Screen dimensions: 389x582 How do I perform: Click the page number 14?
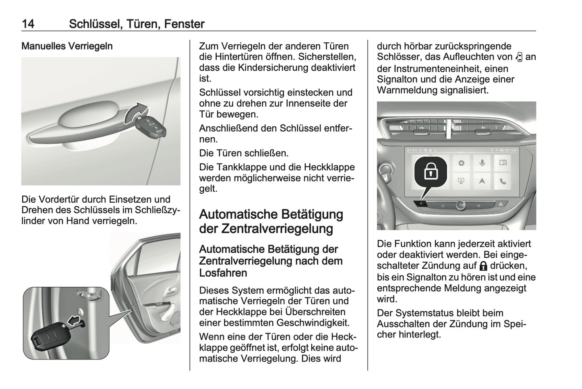(x=28, y=24)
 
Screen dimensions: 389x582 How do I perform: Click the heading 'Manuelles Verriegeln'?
(x=67, y=46)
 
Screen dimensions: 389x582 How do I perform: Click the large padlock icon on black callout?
(x=431, y=172)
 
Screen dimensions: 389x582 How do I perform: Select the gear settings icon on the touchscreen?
(x=461, y=163)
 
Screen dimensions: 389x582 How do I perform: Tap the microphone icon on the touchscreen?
(x=482, y=163)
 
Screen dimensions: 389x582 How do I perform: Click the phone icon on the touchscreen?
(x=503, y=181)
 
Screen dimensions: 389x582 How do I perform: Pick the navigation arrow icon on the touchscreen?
(x=482, y=181)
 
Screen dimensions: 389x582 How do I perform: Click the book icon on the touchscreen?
(x=503, y=163)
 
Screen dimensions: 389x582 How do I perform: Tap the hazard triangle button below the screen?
(x=501, y=205)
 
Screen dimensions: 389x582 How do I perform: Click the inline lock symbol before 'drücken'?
(x=483, y=266)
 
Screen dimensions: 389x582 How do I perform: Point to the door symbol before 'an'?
(x=518, y=57)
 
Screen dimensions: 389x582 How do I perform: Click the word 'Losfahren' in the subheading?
(x=223, y=273)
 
